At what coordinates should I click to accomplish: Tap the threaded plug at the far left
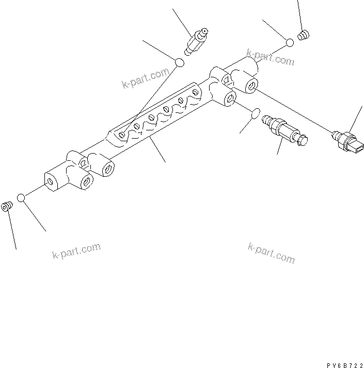(x=7, y=207)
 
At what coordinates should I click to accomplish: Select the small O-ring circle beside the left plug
(x=21, y=198)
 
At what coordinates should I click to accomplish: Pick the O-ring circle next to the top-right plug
(x=291, y=42)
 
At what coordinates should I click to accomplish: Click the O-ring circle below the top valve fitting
(x=179, y=63)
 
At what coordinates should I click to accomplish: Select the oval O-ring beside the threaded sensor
(x=255, y=113)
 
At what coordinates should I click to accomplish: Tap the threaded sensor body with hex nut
(x=284, y=129)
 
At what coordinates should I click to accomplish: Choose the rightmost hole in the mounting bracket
(x=195, y=92)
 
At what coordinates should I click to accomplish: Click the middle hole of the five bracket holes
(x=166, y=109)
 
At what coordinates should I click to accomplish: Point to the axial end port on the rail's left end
(x=52, y=181)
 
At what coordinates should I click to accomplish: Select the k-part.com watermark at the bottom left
(x=76, y=251)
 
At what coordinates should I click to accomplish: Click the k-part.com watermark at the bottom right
(x=271, y=253)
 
